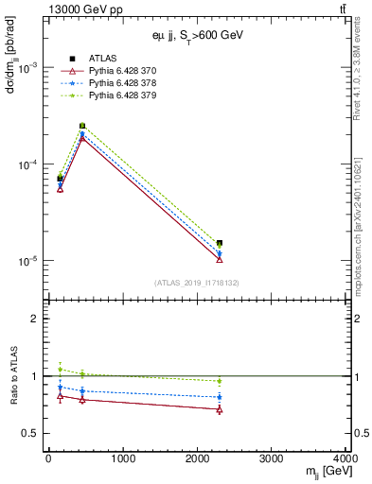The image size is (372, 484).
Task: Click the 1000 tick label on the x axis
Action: (122, 458)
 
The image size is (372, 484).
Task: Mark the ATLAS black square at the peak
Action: (82, 126)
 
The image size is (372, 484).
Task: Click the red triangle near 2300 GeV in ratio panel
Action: (220, 409)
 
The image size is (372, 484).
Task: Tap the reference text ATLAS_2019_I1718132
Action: (195, 282)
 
